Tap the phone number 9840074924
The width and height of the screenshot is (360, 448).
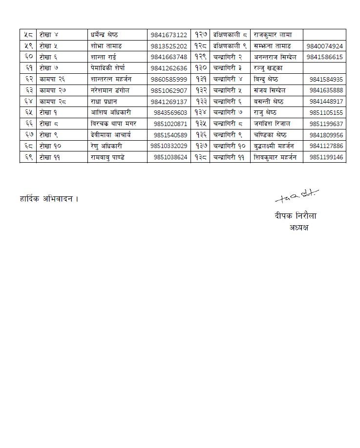point(325,46)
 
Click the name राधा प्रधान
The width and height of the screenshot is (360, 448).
point(105,102)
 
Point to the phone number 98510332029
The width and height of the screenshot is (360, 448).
point(169,146)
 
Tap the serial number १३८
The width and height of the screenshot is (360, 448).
point(200,157)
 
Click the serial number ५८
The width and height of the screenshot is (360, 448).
point(28,35)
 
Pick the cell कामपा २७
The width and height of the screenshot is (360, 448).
point(51,90)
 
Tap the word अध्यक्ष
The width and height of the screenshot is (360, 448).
point(298,227)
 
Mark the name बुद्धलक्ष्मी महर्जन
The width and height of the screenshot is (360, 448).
point(274,146)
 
